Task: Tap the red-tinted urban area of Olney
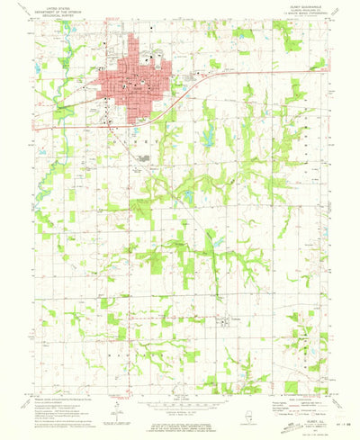(135, 81)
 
